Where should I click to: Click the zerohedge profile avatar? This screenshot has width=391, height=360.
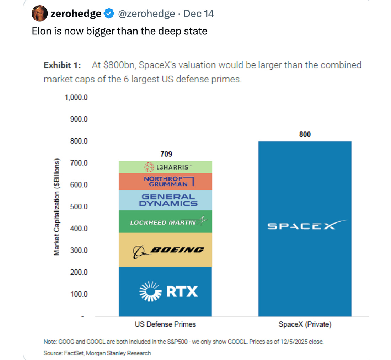[40, 14]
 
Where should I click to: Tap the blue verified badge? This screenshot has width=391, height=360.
[109, 14]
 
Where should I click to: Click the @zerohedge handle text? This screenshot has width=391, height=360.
[146, 14]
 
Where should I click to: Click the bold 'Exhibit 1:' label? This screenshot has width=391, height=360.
[62, 65]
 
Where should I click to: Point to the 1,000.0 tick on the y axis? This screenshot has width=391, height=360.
[76, 97]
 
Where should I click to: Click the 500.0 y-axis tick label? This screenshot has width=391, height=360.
[78, 207]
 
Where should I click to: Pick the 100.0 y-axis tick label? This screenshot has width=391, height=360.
[78, 294]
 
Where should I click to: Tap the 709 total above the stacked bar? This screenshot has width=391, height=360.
[166, 154]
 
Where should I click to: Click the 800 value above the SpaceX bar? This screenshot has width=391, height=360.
[305, 134]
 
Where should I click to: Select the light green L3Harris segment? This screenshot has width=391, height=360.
[165, 167]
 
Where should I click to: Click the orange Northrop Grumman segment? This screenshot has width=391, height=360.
[165, 181]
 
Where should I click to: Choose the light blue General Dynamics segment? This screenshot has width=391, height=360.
[165, 200]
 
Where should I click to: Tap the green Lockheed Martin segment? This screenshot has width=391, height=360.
[165, 222]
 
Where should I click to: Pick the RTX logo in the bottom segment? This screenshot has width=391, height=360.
[168, 291]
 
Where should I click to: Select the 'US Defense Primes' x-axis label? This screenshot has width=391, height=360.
[165, 324]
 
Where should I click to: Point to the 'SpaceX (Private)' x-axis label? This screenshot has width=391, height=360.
[305, 324]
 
